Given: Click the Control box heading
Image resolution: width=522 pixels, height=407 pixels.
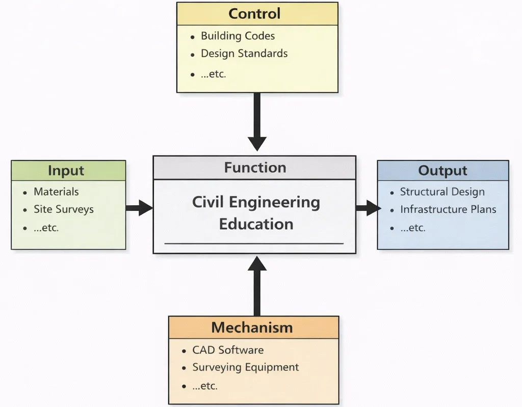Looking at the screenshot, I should click(x=254, y=14).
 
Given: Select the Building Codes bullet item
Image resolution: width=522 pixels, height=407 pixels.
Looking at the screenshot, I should click(x=238, y=36).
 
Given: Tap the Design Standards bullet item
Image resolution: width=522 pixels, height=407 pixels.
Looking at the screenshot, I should click(x=244, y=54).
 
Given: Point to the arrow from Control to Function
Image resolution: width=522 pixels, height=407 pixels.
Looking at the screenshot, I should click(x=257, y=122).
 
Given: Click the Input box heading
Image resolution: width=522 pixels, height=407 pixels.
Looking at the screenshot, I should click(x=66, y=171).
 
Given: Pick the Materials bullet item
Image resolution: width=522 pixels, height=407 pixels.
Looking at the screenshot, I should click(x=56, y=192).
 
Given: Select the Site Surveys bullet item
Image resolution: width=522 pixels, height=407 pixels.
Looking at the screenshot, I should click(x=64, y=209).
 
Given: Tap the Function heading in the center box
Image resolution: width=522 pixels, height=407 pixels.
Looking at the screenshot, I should click(x=255, y=167).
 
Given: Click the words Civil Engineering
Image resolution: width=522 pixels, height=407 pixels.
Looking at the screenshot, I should click(x=256, y=202).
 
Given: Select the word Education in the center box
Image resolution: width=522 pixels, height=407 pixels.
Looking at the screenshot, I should click(x=256, y=224).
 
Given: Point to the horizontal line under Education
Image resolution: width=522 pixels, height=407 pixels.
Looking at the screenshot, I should click(x=254, y=244).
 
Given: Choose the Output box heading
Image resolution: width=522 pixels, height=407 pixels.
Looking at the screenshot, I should click(x=442, y=171).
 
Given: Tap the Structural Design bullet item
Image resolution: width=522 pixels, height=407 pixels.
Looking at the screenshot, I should click(x=442, y=192).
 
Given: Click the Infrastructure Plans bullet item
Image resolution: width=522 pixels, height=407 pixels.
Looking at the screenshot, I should click(x=448, y=209).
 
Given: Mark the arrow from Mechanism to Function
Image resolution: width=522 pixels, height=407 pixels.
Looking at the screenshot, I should click(x=257, y=286).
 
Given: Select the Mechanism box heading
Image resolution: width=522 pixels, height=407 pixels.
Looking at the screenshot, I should click(x=252, y=327).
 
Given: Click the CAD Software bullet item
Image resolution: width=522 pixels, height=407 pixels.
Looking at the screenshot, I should click(x=228, y=350).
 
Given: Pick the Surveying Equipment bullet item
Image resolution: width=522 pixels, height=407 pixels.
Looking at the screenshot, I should click(x=245, y=368).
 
